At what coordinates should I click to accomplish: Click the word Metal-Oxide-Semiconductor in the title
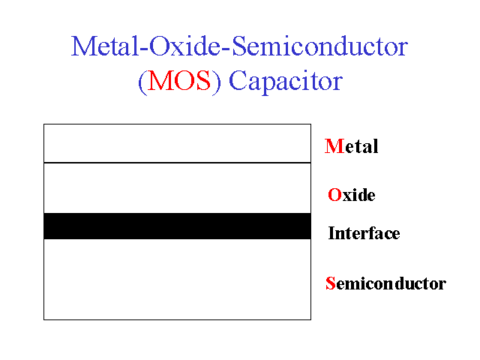click(239, 46)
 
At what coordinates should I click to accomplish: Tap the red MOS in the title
click(179, 81)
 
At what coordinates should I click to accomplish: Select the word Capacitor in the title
click(286, 82)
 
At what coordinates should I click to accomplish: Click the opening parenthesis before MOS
click(142, 82)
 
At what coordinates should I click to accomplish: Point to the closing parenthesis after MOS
click(216, 82)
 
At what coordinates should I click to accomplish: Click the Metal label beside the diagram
click(352, 146)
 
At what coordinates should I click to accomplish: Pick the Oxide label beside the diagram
click(352, 195)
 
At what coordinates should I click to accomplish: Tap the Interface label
click(364, 233)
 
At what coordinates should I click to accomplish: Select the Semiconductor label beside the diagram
click(385, 283)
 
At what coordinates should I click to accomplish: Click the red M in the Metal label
click(334, 146)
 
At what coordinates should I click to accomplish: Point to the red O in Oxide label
click(334, 195)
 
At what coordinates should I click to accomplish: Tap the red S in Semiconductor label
click(331, 283)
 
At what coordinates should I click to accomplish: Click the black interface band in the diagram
click(177, 226)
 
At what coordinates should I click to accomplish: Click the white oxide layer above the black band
click(177, 188)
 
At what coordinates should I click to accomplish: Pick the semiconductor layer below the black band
click(177, 280)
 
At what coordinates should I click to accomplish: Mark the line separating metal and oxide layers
click(177, 163)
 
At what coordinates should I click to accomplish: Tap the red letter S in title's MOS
click(204, 81)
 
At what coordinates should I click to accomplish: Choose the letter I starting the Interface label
click(331, 233)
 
